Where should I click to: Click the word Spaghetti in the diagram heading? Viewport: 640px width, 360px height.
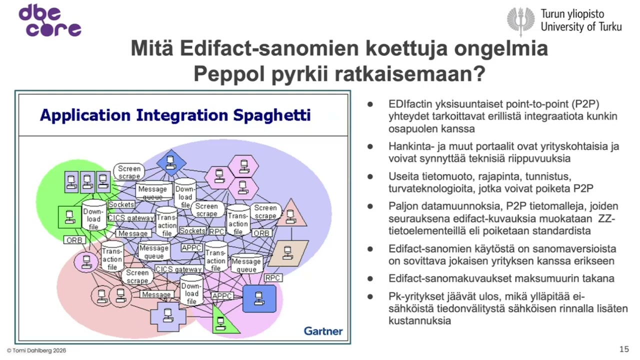pos(272,115)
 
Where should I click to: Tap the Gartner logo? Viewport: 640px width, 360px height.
pos(323,331)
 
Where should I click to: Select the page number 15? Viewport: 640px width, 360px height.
pos(623,349)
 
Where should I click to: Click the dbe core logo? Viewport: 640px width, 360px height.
pos(49,21)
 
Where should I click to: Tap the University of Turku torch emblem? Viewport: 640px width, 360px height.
pos(520,20)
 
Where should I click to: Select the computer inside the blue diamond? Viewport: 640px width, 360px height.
pos(171,161)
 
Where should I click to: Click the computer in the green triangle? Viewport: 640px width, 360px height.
pos(218,322)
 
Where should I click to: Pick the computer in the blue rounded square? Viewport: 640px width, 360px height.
pos(259,298)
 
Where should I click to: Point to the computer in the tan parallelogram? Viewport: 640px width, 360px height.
pos(287,253)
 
